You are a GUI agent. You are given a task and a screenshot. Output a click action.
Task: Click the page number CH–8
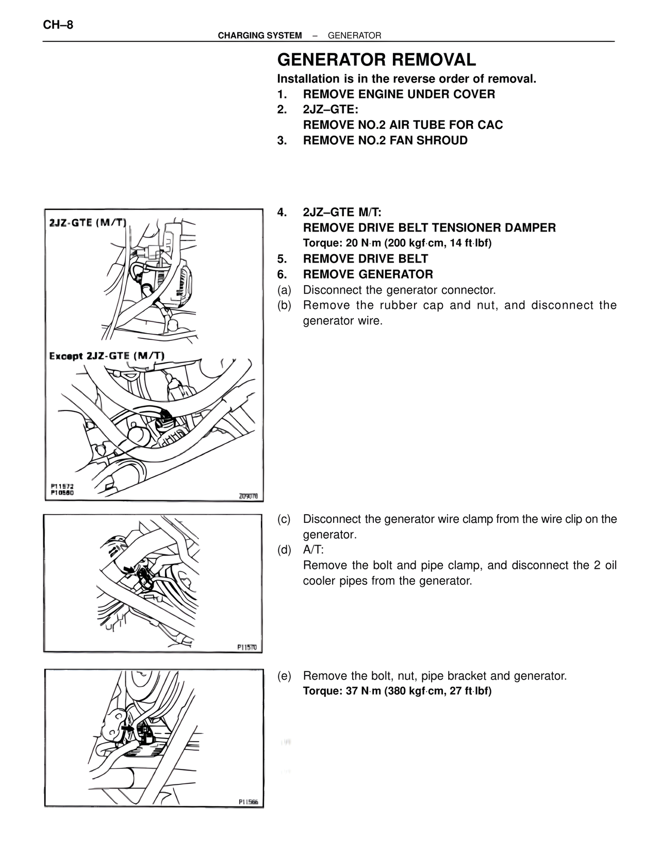pyautogui.click(x=58, y=25)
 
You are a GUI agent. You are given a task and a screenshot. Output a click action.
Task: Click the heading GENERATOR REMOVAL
pyautogui.click(x=376, y=60)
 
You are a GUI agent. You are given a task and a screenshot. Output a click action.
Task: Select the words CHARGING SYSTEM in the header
pyautogui.click(x=260, y=36)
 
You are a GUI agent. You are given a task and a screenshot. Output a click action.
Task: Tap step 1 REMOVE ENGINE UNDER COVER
pyautogui.click(x=399, y=94)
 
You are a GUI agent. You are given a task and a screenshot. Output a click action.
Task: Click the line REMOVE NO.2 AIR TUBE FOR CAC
pyautogui.click(x=403, y=125)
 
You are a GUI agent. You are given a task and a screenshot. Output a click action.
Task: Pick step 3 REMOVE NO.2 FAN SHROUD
pyautogui.click(x=385, y=141)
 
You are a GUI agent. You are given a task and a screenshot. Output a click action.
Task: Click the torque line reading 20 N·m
pyautogui.click(x=397, y=243)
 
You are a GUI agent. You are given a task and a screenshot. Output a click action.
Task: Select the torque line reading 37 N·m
pyautogui.click(x=397, y=691)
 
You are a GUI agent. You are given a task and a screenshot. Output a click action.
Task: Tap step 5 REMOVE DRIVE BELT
pyautogui.click(x=365, y=259)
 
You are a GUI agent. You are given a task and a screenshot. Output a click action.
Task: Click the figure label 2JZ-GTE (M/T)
pyautogui.click(x=88, y=223)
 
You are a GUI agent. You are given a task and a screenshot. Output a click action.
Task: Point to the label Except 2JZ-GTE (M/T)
pyautogui.click(x=107, y=356)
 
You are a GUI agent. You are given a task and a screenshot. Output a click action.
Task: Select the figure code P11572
pyautogui.click(x=62, y=486)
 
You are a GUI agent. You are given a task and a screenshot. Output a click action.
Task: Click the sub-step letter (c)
pyautogui.click(x=284, y=519)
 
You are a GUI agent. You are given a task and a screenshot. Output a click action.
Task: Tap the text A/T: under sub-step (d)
pyautogui.click(x=313, y=550)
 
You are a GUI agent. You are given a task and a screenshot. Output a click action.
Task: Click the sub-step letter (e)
pyautogui.click(x=284, y=676)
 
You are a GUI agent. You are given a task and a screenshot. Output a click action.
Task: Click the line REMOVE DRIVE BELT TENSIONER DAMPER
pyautogui.click(x=429, y=228)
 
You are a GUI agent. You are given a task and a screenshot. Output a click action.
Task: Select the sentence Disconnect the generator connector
pyautogui.click(x=399, y=290)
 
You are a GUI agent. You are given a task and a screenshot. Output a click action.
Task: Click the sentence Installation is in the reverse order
pyautogui.click(x=407, y=79)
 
